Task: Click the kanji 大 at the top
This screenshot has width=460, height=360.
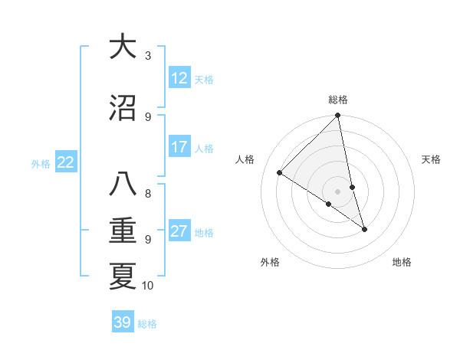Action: click(x=122, y=47)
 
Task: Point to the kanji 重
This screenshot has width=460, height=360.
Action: click(x=122, y=231)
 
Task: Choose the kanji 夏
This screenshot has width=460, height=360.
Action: click(x=122, y=276)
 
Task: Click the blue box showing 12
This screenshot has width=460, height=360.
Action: click(x=179, y=78)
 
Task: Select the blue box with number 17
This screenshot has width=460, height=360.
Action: click(x=179, y=147)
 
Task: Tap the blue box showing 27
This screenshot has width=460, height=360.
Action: click(x=179, y=231)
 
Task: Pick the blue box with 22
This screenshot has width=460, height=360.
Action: click(x=66, y=162)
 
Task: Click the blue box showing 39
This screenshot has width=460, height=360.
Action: click(x=123, y=322)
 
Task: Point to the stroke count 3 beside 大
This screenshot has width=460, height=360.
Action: click(x=148, y=56)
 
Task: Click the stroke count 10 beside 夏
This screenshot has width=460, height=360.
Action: click(x=148, y=286)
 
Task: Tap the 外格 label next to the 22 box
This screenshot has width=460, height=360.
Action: click(x=41, y=163)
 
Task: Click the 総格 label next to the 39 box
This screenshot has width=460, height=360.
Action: click(x=148, y=323)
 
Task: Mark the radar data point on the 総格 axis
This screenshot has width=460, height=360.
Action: click(x=337, y=116)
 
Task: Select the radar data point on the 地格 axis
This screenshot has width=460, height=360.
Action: click(x=364, y=229)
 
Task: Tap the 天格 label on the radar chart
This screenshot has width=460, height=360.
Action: click(x=431, y=159)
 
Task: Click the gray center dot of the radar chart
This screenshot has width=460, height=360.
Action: click(x=337, y=191)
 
